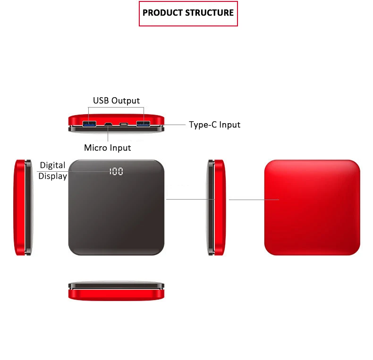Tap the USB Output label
coord(116,100)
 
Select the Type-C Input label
coord(214,125)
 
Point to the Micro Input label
coord(107,148)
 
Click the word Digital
coord(52,166)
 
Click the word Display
coord(52,176)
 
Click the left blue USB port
coord(89,125)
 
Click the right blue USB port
coord(143,125)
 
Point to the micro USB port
coord(108,125)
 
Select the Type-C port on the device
coord(124,125)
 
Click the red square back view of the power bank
coord(312,207)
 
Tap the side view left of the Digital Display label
coord(23,207)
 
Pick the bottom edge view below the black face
coord(117,292)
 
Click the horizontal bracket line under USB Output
coord(116,107)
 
